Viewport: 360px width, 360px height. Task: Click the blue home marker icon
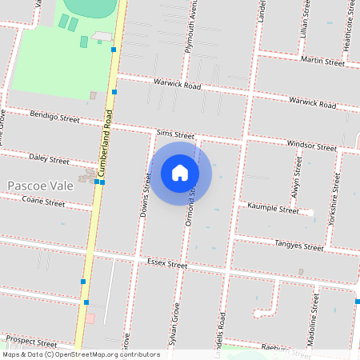pos(180,172)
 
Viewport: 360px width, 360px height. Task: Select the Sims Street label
pos(176,134)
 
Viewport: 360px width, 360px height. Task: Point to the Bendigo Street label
pos(54,118)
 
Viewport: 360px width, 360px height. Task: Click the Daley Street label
pos(49,159)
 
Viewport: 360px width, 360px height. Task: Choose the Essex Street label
pos(167,263)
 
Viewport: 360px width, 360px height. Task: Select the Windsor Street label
pos(313,146)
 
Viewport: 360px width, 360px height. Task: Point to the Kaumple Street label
pos(273,210)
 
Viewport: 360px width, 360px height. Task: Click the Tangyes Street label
pos(298,246)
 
